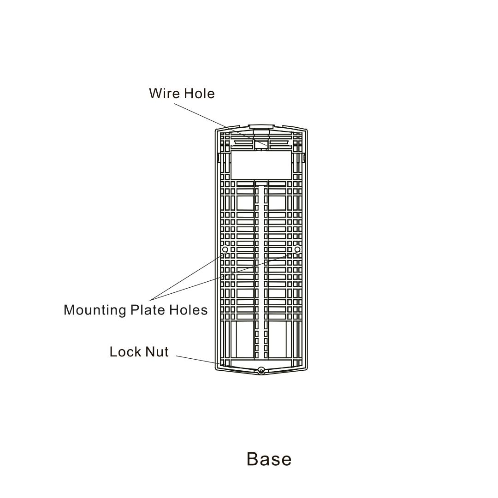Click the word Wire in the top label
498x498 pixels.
pyautogui.click(x=164, y=94)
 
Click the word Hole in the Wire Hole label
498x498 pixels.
pyautogui.click(x=199, y=94)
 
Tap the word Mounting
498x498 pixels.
pyautogui.click(x=95, y=310)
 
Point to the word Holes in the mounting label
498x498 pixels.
pyautogui.click(x=188, y=309)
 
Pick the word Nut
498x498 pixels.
pyautogui.click(x=157, y=352)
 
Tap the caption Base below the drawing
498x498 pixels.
pyautogui.click(x=269, y=459)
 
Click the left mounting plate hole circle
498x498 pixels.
pyautogui.click(x=225, y=249)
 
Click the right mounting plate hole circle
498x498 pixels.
pyautogui.click(x=297, y=249)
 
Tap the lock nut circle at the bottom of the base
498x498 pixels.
pyautogui.click(x=261, y=370)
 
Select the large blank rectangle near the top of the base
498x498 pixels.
pyautogui.click(x=261, y=165)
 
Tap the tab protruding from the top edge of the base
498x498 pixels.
pyautogui.click(x=261, y=125)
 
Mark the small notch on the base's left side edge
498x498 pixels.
pyautogui.click(x=217, y=158)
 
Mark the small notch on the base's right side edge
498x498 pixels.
pyautogui.click(x=305, y=158)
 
